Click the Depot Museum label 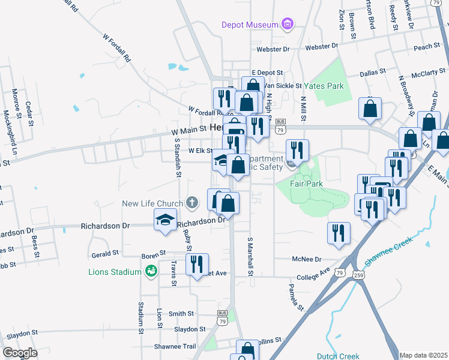point(250,25)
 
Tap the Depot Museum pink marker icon point(288,24)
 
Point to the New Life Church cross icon point(191,202)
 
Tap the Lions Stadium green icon point(151,272)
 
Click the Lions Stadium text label point(114,272)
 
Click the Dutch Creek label point(338,356)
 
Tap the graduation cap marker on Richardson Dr point(166,220)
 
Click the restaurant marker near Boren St point(196,265)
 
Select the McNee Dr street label point(307,260)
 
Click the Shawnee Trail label point(175,346)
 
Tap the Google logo point(20,353)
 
